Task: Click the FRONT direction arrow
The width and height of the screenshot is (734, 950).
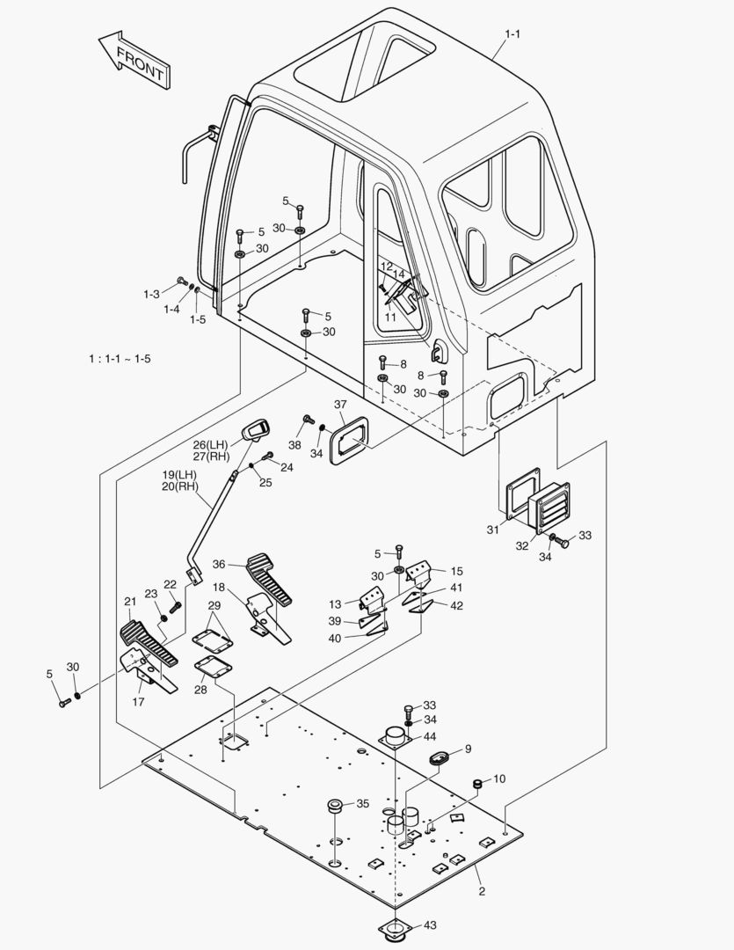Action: (x=133, y=60)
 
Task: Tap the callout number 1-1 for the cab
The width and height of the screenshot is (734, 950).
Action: (x=512, y=34)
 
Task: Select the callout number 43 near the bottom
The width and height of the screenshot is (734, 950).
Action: (x=430, y=924)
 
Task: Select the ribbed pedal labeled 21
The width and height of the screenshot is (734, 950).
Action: (x=148, y=642)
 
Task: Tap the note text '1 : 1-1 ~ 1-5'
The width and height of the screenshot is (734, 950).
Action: (x=120, y=359)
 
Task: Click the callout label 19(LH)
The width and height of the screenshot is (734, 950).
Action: (x=179, y=475)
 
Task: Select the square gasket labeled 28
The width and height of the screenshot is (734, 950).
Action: (x=212, y=666)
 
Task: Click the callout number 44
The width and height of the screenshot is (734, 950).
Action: (x=430, y=736)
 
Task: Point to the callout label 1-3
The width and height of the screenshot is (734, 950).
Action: (x=152, y=294)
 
